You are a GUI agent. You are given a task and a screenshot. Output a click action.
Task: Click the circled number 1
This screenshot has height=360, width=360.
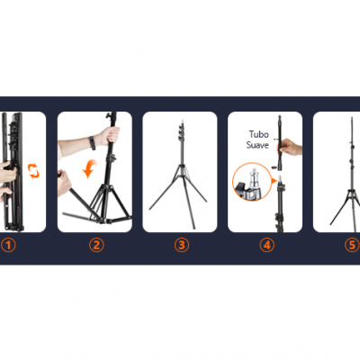coord(8,245)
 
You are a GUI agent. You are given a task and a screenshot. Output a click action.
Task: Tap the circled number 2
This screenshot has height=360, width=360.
coord(96,245)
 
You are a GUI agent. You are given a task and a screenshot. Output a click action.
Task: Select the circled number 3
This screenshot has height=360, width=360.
coord(182,245)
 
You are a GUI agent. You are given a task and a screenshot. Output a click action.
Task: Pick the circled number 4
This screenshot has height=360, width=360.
coord(266,245)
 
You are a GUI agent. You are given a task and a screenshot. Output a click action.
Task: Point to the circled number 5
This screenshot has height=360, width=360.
coord(352,245)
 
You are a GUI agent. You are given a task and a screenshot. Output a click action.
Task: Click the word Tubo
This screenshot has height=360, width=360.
coord(259,134)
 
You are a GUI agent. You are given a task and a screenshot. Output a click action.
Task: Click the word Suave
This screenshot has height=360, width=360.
coord(257,145)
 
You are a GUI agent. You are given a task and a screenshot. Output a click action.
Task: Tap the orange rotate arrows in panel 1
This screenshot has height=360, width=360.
coord(33,170)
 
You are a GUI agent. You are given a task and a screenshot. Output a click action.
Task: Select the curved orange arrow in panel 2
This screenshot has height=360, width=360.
coord(90,168)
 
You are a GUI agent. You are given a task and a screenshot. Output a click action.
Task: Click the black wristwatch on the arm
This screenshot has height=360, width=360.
coord(92,143)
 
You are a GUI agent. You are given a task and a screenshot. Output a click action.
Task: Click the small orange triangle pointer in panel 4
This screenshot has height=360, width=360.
coord(273,181)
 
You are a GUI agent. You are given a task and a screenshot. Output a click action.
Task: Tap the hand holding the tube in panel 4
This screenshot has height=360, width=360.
coord(290,147)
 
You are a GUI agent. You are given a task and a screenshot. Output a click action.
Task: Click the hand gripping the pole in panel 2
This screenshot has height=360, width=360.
coord(109,136)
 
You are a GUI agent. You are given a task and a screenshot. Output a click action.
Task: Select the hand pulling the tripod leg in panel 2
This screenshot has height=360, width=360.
coord(63,182)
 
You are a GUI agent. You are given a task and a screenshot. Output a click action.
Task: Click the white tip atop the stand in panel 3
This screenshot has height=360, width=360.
coord(182,123)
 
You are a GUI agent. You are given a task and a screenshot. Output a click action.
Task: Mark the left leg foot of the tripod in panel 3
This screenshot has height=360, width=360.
coord(150,209)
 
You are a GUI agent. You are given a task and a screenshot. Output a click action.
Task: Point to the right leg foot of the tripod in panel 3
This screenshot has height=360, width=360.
coord(205,201)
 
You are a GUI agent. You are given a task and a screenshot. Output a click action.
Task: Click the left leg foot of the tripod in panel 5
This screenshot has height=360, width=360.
coord(331,223)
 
